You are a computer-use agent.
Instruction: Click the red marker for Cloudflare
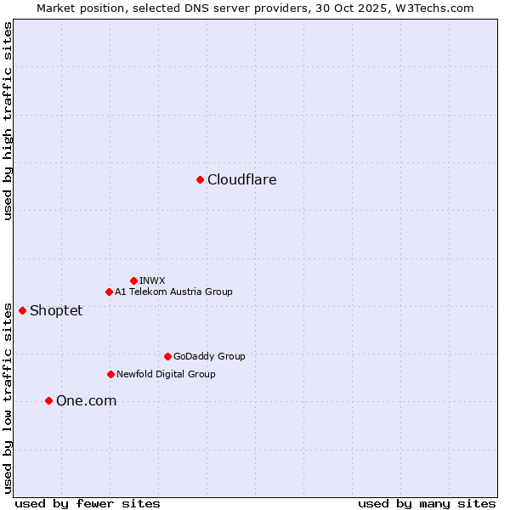click(x=200, y=179)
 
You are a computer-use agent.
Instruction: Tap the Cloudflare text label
click(x=241, y=179)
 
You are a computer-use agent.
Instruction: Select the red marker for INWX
click(x=133, y=280)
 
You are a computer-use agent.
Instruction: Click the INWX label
click(x=152, y=280)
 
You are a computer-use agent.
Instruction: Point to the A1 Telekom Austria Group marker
click(x=109, y=292)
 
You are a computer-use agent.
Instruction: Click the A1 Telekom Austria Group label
click(x=173, y=292)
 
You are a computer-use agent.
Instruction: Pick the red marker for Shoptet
click(x=22, y=310)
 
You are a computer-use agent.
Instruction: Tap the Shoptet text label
click(x=56, y=310)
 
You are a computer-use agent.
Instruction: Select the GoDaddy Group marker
click(x=167, y=356)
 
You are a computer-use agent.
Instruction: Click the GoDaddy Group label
click(x=209, y=356)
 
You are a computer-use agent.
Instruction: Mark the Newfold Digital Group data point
click(x=110, y=374)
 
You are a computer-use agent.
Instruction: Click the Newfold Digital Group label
click(x=166, y=374)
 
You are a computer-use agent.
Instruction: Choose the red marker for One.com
click(x=48, y=400)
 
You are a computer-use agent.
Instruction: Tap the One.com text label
click(x=86, y=400)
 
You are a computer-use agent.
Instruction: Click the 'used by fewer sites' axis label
click(x=88, y=503)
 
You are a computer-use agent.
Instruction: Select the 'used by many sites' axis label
click(x=427, y=503)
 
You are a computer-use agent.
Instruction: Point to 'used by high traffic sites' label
click(x=8, y=121)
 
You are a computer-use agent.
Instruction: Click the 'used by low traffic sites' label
click(x=8, y=397)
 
